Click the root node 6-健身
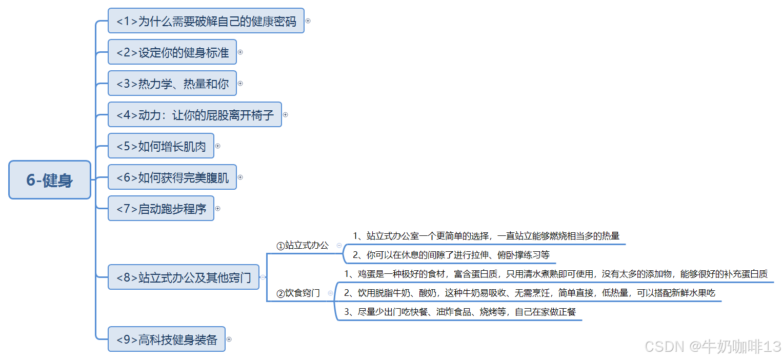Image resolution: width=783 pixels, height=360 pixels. click(50, 179)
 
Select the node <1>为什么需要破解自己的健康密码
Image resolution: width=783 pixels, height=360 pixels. click(206, 21)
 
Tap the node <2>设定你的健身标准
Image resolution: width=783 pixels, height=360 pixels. click(172, 52)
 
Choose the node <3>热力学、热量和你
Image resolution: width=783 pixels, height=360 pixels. click(172, 84)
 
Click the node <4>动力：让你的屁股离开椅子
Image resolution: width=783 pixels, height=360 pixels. click(194, 115)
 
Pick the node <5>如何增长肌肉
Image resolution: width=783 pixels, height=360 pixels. click(160, 146)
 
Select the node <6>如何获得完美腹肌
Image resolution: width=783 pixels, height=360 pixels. click(172, 177)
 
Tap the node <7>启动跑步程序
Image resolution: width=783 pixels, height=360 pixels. click(160, 209)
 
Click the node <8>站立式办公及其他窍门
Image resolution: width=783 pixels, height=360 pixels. click(183, 277)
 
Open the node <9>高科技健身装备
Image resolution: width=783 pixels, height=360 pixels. click(166, 339)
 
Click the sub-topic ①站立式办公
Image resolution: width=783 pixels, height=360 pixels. click(303, 245)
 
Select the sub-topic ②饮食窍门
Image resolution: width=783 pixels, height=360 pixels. click(298, 293)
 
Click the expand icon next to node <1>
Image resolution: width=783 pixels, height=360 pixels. click(308, 21)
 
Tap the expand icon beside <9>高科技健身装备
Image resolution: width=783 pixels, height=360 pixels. click(229, 339)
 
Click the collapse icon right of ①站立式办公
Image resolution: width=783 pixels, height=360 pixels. click(339, 246)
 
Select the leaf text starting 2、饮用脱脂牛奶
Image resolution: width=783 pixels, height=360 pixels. click(529, 293)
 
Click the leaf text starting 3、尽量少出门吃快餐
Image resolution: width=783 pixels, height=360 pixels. click(459, 312)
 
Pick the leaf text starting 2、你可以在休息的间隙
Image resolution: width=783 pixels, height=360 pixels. click(451, 255)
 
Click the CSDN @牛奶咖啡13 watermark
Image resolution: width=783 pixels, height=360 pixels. click(712, 347)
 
